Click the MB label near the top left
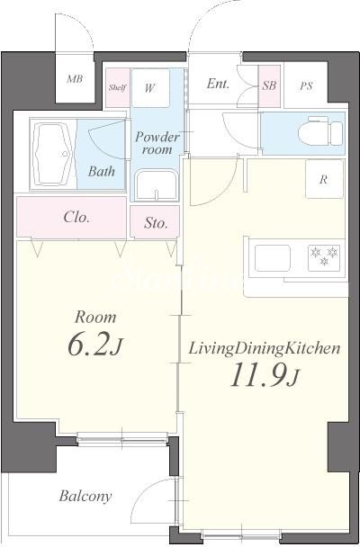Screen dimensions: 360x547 pos(75,79)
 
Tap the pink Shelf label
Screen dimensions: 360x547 pos(118,87)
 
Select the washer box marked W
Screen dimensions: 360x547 pos(150,88)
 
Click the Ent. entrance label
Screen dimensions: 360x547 pos(218,84)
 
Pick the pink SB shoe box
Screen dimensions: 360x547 pos(269,85)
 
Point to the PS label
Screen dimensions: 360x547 pos(306,85)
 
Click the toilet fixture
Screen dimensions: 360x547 pos(320,130)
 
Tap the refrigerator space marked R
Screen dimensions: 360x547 pos(324,179)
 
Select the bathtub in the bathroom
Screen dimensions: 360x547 pos(53,155)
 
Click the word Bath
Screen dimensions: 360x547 pos(101,171)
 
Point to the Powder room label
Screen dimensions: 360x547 pos(157,143)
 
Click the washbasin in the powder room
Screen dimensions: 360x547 pos(157,185)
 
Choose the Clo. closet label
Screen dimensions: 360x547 pos(76,218)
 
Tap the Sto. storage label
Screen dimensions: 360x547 pos(156,223)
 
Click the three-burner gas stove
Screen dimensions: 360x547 pos(324,258)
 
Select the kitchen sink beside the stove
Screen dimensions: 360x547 pos(273,258)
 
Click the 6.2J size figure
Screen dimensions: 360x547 pos(94,345)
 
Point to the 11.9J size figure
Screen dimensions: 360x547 pos(264,375)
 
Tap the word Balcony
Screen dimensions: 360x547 pos(85,496)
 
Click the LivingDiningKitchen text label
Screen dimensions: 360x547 pos(264,348)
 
